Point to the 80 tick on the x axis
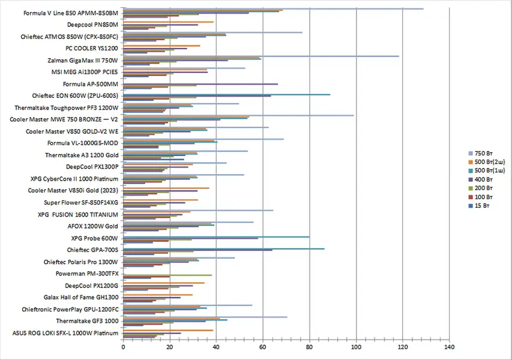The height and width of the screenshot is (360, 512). point(310,347)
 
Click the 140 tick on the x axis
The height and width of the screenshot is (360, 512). point(449,347)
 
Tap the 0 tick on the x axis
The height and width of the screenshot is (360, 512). point(123,347)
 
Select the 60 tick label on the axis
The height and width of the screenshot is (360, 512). point(263,347)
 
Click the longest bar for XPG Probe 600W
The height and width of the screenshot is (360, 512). point(216,236)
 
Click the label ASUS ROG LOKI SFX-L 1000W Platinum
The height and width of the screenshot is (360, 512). point(65,333)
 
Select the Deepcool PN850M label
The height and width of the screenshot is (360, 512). point(92,25)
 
